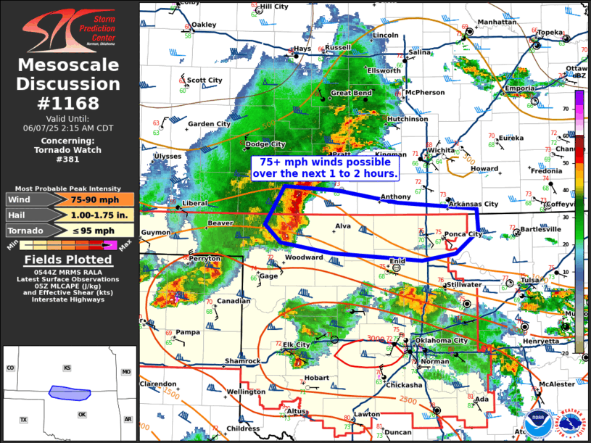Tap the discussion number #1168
[69, 103]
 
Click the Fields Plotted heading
[68, 260]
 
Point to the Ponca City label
[464, 234]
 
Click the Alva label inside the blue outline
[344, 226]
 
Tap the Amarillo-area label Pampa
[187, 332]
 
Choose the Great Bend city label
[351, 94]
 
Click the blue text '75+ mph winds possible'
[325, 162]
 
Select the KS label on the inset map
[67, 368]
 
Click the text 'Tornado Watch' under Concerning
[68, 150]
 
